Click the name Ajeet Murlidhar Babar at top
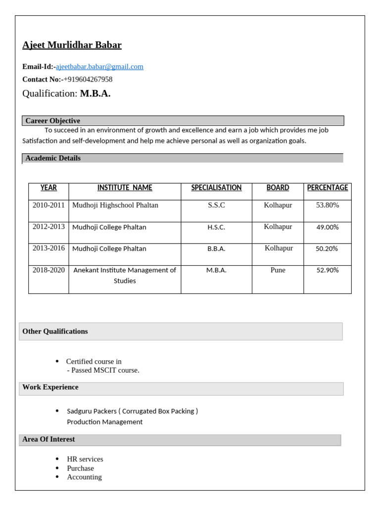(72, 45)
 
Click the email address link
(99, 67)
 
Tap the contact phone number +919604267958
(88, 80)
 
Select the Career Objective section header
(52, 121)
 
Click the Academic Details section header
(53, 158)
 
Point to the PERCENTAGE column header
(327, 188)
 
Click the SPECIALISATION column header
(216, 188)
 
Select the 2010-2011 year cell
(48, 205)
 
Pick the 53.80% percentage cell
(327, 205)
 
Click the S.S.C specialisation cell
(216, 205)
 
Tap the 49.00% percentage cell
(327, 227)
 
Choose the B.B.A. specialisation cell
(216, 249)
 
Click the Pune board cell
(278, 270)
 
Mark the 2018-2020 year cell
(48, 270)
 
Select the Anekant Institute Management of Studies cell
(125, 275)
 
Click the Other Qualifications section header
(55, 332)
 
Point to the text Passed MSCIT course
(105, 371)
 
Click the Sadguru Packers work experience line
(132, 411)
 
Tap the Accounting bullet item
(84, 477)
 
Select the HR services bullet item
(85, 459)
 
